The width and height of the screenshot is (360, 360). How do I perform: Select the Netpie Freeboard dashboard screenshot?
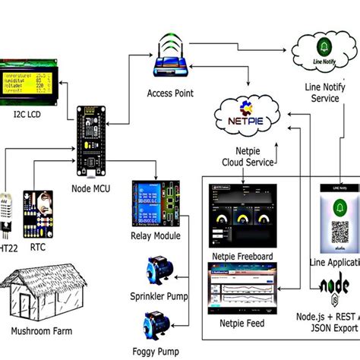click(239, 224)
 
